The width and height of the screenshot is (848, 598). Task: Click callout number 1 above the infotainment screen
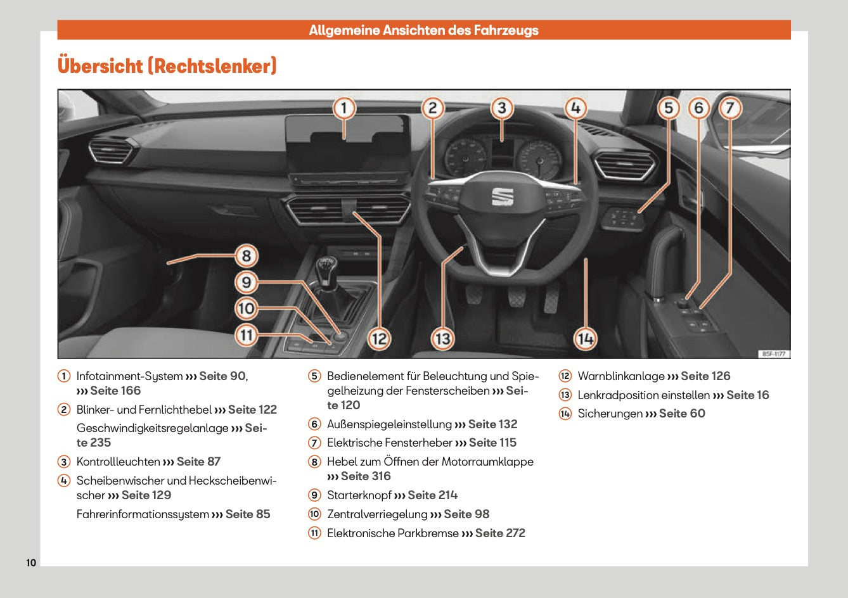(344, 108)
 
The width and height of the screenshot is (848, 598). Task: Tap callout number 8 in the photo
(247, 257)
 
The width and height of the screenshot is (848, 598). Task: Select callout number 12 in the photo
(379, 339)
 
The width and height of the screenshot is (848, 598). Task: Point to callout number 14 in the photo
(585, 339)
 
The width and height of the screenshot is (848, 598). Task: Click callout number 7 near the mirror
(729, 108)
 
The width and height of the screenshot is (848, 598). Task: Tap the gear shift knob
(327, 265)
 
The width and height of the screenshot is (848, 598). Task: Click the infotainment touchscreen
(347, 144)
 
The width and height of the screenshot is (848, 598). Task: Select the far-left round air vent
(112, 152)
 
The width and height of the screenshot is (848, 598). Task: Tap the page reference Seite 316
(366, 476)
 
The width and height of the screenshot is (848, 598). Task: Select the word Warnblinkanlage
(621, 376)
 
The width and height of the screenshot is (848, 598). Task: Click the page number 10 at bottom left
(32, 563)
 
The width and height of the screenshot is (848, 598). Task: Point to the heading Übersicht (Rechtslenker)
(167, 66)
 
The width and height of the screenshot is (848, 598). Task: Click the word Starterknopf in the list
(359, 495)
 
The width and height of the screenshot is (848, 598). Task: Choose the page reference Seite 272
(500, 533)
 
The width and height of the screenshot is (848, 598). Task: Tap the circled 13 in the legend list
(565, 395)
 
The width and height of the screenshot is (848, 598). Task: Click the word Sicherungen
(610, 414)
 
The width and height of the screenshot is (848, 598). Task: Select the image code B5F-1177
(773, 354)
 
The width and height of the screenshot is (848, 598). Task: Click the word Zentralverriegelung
(377, 514)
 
